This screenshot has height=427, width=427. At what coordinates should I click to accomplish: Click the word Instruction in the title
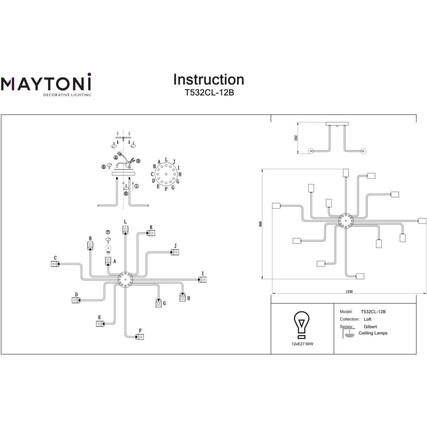tap(208, 80)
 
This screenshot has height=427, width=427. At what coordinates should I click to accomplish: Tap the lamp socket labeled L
tap(125, 230)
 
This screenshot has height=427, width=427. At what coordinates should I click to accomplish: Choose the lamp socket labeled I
tap(203, 279)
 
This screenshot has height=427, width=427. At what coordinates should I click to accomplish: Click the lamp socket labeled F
tap(140, 337)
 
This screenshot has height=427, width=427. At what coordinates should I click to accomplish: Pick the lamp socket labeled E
tap(100, 324)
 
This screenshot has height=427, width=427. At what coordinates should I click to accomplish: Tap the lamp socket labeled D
tap(76, 301)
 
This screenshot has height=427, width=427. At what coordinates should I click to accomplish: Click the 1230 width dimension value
tap(349, 292)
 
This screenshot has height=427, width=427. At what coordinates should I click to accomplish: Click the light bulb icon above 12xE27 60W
tap(302, 325)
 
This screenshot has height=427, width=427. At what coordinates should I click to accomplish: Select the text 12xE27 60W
tap(302, 343)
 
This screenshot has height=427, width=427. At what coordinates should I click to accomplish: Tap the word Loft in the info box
tap(367, 319)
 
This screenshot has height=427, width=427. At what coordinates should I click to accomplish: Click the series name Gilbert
tap(370, 327)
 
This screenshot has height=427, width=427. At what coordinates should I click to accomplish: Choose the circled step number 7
tap(108, 232)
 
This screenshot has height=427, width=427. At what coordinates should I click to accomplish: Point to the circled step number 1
tap(136, 186)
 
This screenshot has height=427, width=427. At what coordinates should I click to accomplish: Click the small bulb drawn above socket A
tap(108, 249)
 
